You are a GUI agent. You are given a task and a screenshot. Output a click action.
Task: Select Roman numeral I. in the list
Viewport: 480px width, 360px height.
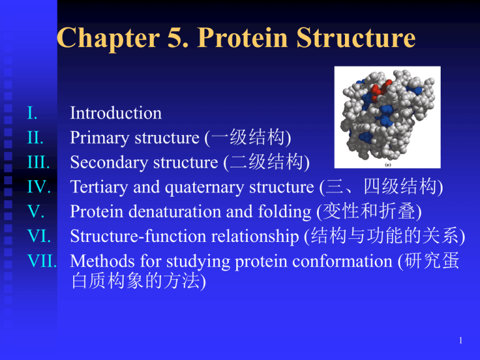(x=32, y=113)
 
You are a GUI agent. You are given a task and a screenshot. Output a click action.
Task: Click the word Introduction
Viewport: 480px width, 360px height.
(x=116, y=113)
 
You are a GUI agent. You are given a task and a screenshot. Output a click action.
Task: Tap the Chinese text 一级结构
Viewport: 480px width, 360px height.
(x=248, y=137)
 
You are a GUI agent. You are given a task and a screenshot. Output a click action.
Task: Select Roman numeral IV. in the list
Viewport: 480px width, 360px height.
(x=40, y=186)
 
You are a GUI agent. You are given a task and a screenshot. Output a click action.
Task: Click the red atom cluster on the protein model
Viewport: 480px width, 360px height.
(x=380, y=91)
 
